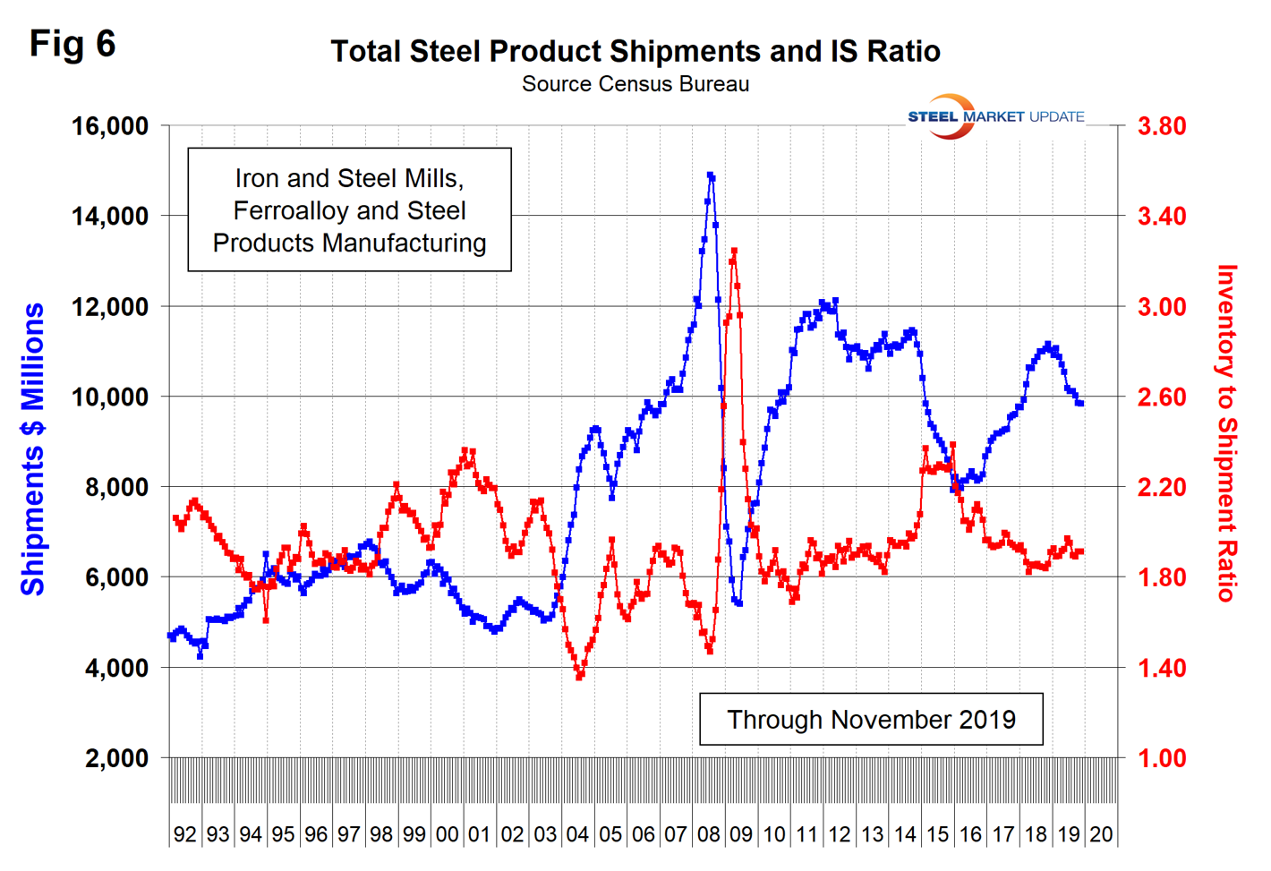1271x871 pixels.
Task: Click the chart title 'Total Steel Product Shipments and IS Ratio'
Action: tap(635, 51)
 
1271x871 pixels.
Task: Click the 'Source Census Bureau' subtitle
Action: tap(635, 84)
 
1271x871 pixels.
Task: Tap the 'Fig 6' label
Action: tap(73, 43)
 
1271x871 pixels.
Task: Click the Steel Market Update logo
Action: tap(995, 116)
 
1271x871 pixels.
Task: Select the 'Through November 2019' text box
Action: tap(871, 719)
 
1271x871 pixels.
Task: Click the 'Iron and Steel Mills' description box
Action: tap(349, 210)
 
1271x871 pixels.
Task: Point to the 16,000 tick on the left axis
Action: tap(110, 126)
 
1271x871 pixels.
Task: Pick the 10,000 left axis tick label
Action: tap(110, 397)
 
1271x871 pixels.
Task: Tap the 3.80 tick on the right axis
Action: tap(1162, 126)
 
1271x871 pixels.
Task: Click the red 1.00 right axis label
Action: tap(1162, 758)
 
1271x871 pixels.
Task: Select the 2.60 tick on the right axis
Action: tap(1162, 397)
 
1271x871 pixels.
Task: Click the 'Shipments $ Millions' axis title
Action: tap(33, 448)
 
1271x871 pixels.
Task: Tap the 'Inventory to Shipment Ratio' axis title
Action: tap(1226, 433)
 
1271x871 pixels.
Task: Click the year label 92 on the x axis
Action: tap(185, 834)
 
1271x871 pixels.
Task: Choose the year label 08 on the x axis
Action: tap(709, 834)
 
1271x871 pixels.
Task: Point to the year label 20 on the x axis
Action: tap(1101, 834)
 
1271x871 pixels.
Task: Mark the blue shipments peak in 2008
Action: tap(710, 175)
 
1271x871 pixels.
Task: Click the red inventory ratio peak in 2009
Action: tap(734, 252)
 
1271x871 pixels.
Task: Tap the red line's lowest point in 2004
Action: tap(579, 677)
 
